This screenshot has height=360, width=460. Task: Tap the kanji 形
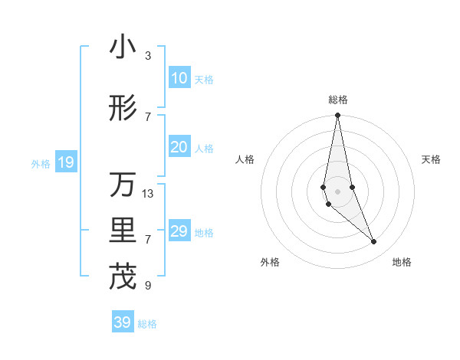(x=123, y=108)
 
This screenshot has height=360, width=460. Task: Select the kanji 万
(x=123, y=185)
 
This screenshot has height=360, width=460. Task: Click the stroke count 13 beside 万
(x=148, y=194)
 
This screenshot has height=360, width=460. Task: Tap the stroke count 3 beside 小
(x=148, y=56)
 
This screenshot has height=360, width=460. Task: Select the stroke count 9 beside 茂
(x=148, y=286)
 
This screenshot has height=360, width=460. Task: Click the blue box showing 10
(x=179, y=78)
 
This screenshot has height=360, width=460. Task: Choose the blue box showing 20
(x=179, y=147)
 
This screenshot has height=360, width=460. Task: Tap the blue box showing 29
(x=179, y=231)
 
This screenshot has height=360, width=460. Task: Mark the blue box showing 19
(x=65, y=162)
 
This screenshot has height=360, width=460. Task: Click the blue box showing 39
(x=122, y=322)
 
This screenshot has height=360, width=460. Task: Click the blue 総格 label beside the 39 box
(x=147, y=324)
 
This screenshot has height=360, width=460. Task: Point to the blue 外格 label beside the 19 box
(x=41, y=163)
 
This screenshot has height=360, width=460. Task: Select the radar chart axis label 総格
(x=338, y=100)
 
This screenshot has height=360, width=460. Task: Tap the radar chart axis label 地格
(x=402, y=262)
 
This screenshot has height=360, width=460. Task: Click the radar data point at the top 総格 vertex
(x=337, y=116)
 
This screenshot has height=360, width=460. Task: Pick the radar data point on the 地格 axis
(x=374, y=242)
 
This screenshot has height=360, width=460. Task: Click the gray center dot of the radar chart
(x=337, y=191)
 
